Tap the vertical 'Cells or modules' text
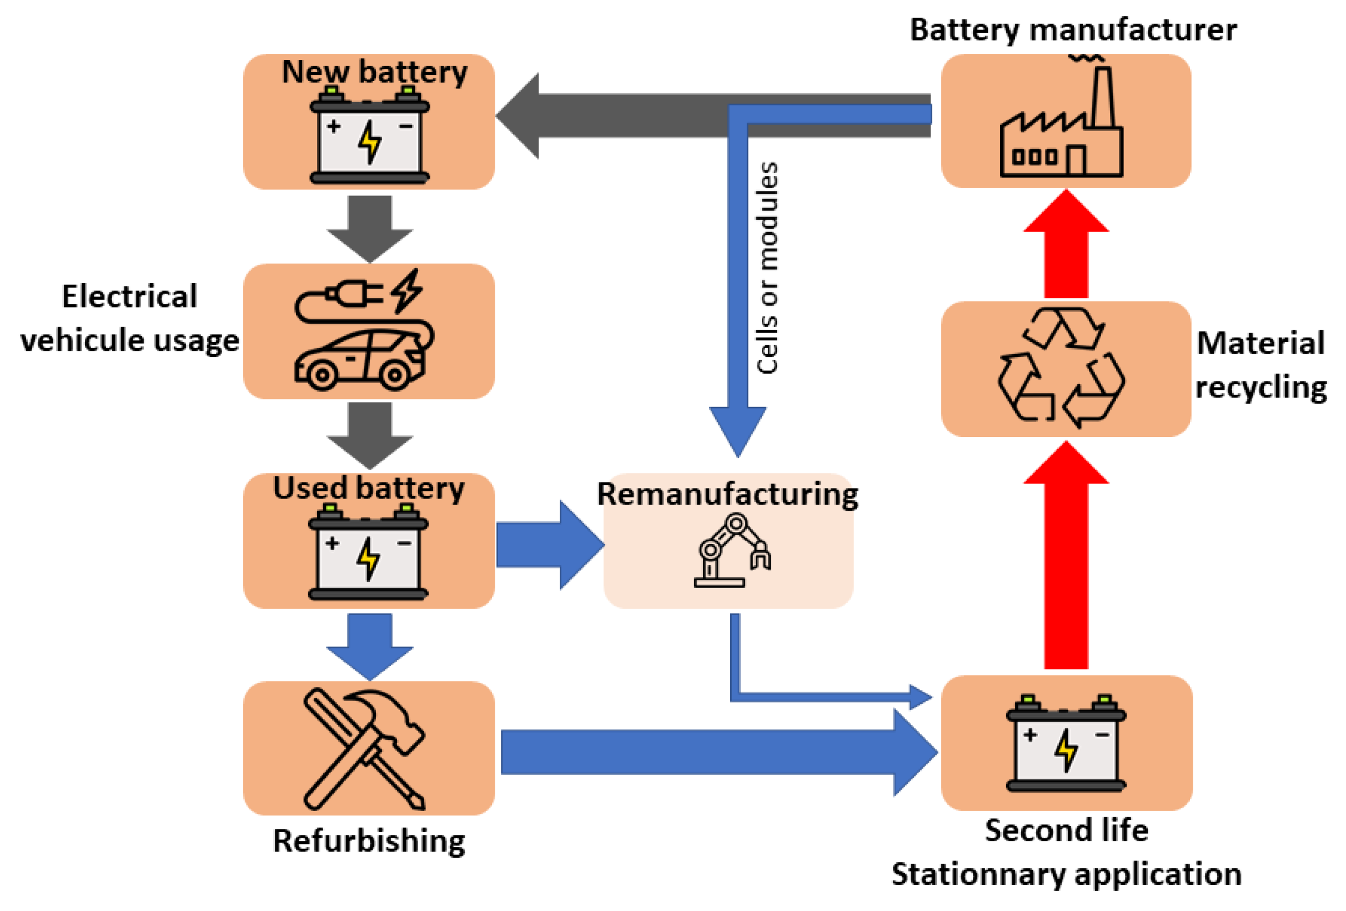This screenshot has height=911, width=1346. point(767,268)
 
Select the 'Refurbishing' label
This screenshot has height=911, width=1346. point(369,841)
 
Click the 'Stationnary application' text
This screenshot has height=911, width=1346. point(1066,874)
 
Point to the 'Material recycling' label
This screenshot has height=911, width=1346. point(1261,365)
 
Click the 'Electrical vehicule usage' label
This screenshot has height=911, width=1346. point(130,318)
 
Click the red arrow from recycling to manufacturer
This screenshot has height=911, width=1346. point(1066,246)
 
